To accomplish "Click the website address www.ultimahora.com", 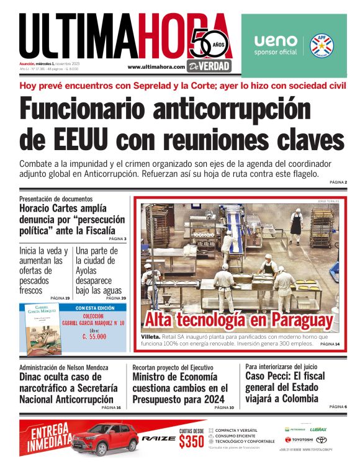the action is click(156, 66).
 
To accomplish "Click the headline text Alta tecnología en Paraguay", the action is click(238, 320).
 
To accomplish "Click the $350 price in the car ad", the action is click(191, 442).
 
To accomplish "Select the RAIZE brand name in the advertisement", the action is click(155, 439).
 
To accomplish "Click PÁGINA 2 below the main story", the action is click(338, 182).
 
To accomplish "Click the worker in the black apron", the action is click(297, 223).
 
